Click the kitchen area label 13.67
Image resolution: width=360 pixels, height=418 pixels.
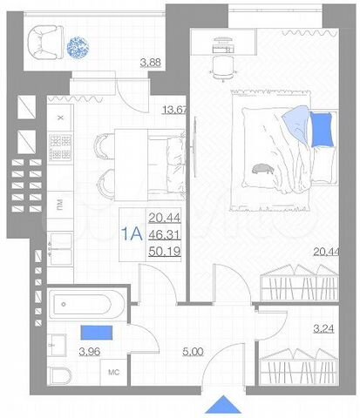point(176,109)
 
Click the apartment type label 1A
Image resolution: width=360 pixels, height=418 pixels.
point(132,233)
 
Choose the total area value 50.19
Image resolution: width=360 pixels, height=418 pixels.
point(166,253)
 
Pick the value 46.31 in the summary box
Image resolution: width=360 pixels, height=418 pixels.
point(166,235)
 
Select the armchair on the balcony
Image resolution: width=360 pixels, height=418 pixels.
point(45,41)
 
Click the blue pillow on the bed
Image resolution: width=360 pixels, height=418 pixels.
point(322,130)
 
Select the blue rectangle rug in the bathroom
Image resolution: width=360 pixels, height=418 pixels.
point(95,332)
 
